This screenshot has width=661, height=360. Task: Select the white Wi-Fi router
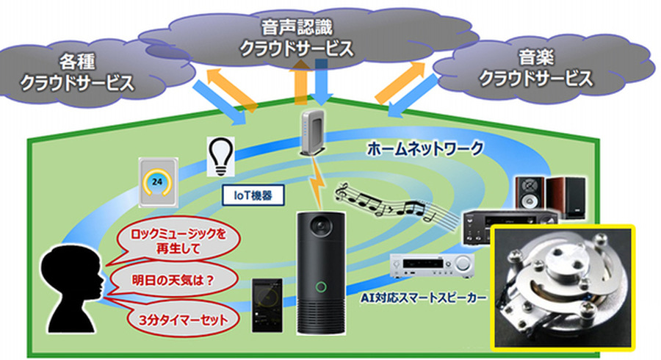point(311,132)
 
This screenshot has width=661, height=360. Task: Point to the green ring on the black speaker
point(321,287)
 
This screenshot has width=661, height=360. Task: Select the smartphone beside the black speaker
point(267,306)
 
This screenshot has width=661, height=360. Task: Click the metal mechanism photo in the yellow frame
point(561,287)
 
